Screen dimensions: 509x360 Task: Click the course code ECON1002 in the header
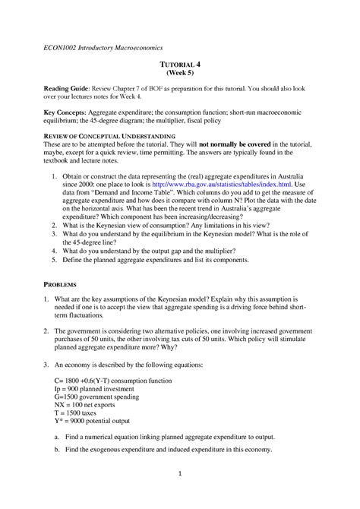58,50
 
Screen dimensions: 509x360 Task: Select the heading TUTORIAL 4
180,68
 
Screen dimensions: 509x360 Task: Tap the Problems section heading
62,283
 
